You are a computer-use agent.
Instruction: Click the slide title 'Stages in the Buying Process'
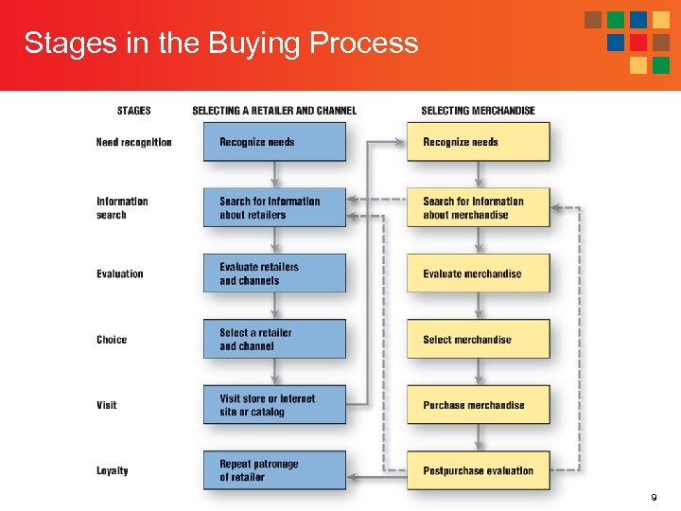click(x=220, y=43)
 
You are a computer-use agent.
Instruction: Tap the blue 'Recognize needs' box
click(x=274, y=142)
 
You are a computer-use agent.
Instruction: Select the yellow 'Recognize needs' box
click(x=479, y=142)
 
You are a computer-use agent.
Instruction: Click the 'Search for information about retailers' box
click(x=274, y=208)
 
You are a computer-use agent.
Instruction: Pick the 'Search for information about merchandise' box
click(x=479, y=208)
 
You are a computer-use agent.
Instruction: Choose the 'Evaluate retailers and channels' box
click(x=274, y=273)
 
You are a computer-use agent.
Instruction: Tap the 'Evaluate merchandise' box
click(x=479, y=273)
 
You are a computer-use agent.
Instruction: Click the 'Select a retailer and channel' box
click(x=274, y=339)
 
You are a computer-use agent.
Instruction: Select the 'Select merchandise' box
click(x=479, y=339)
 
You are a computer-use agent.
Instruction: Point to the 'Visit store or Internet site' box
click(x=274, y=405)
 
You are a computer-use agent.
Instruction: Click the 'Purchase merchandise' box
click(x=479, y=405)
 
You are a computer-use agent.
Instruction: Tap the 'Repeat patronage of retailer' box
click(x=274, y=470)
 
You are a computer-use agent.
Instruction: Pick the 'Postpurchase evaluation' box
click(x=479, y=470)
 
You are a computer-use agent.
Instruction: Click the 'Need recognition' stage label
click(x=134, y=142)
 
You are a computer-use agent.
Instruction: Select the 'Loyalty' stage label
click(x=113, y=470)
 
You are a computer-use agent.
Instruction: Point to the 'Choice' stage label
click(x=112, y=340)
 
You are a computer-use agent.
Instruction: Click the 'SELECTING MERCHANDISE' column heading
click(x=478, y=111)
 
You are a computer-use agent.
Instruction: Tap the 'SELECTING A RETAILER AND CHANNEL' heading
click(x=274, y=111)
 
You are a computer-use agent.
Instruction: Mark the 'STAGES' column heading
click(x=134, y=111)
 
